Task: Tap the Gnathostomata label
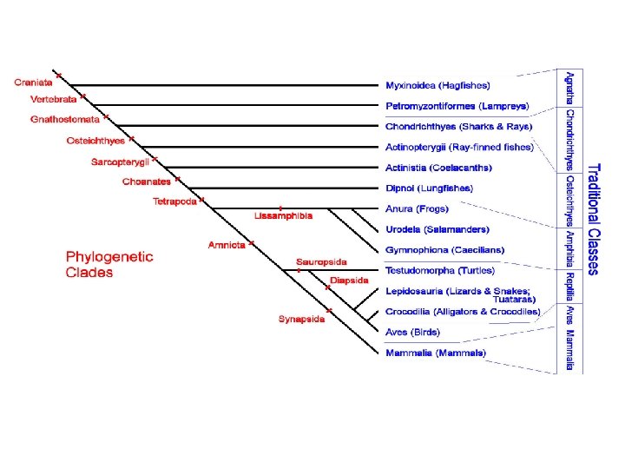coord(65,120)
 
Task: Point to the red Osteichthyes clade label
coord(95,141)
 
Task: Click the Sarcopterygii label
coord(120,162)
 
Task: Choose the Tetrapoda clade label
coord(174,202)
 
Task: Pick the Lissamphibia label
coord(284,215)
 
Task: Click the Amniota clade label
coord(227,245)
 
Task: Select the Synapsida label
coord(301,319)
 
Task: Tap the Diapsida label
coord(349,280)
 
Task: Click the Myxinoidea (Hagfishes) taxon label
coord(437,85)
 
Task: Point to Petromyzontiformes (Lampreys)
coord(457,106)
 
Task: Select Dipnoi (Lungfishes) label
coord(429,188)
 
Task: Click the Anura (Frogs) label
coord(417,208)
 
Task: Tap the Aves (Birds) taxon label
coord(412,332)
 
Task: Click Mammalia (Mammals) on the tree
coord(436,353)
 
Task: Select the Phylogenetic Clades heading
coord(109,264)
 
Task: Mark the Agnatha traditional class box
coord(569,88)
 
